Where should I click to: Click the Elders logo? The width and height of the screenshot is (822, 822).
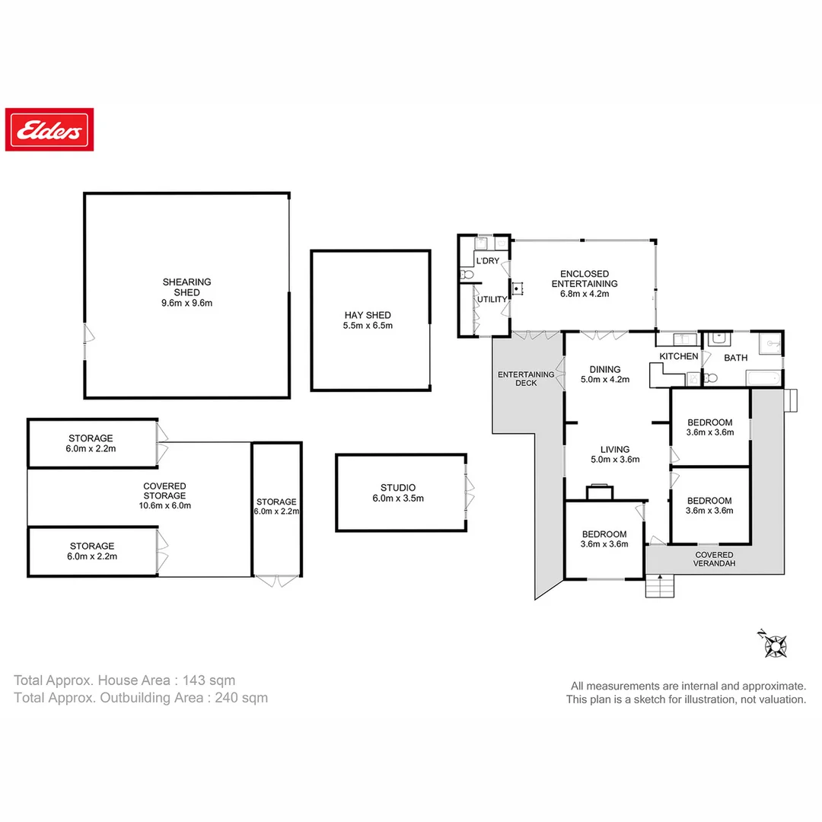pos(49,129)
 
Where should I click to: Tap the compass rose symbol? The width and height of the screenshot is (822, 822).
pos(774,645)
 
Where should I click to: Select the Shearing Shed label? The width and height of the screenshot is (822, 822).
pos(186,287)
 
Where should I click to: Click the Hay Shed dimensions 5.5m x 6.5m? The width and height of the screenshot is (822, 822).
pos(368,326)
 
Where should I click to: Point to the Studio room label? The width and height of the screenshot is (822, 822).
pos(398,488)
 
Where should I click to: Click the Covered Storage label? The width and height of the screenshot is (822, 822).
pos(164,491)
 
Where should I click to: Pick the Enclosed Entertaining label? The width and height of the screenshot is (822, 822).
pos(585,279)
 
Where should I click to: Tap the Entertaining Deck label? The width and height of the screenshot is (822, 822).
pos(526,378)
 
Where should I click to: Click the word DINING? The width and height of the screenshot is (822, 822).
pos(605,370)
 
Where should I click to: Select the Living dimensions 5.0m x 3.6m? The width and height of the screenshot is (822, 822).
pos(615,460)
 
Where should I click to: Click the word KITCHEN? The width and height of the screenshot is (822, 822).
pos(679,356)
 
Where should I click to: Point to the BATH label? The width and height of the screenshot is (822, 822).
pos(735,358)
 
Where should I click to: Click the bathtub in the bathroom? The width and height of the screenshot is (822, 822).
pos(763,378)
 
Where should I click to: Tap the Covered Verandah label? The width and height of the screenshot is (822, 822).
pos(714,559)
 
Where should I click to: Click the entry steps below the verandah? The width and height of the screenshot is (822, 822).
pos(659,586)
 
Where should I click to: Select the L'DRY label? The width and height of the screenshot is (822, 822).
pos(488,260)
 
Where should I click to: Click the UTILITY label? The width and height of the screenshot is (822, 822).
pos(492,299)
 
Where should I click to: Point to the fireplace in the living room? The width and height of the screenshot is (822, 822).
pos(600,492)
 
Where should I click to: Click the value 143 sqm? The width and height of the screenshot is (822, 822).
pos(209,680)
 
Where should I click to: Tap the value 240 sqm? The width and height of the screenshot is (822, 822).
pos(241,698)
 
